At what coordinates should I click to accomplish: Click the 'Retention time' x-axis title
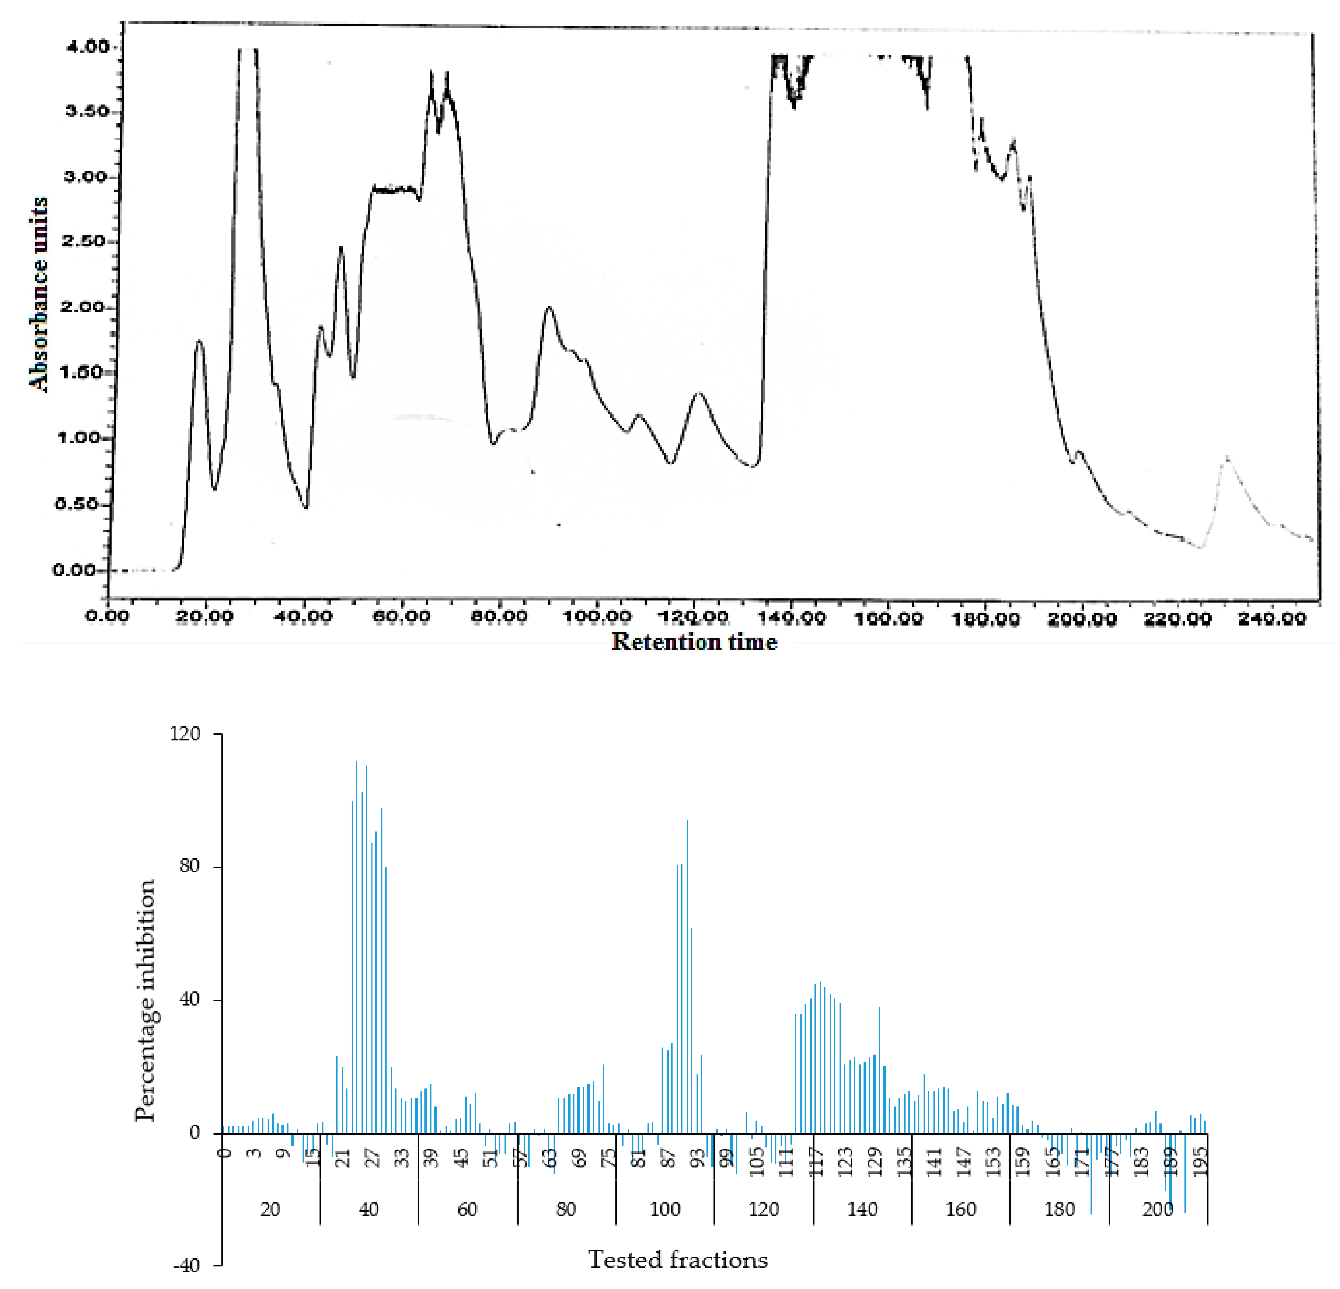click(694, 642)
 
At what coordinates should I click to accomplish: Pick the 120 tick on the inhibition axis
click(186, 734)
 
